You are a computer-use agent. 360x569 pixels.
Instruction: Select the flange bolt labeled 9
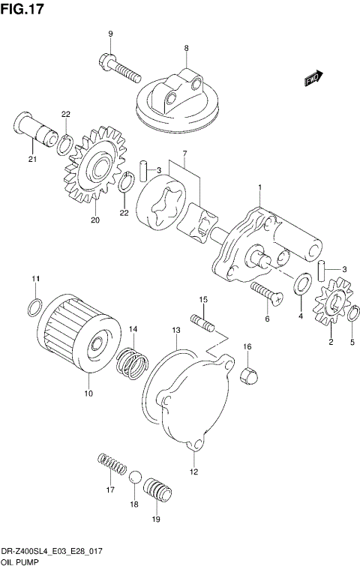tap(120, 69)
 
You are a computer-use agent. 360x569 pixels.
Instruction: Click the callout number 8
tap(185, 49)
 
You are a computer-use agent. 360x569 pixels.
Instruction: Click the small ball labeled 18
tap(136, 480)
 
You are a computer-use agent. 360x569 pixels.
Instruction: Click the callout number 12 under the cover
tap(193, 472)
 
